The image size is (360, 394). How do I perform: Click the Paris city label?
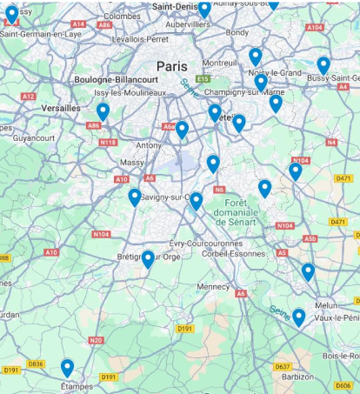172,66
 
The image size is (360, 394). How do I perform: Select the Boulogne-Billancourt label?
121,79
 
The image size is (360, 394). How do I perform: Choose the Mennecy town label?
213,285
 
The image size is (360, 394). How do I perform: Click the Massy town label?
133,162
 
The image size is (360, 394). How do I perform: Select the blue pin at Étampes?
67,368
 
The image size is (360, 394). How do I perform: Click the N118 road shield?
109,142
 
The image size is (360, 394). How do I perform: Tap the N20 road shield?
96,340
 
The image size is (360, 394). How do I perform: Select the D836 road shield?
36,364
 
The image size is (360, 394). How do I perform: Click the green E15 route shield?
203,79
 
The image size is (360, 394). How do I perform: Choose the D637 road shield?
282,365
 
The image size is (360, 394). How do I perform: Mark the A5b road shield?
310,238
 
